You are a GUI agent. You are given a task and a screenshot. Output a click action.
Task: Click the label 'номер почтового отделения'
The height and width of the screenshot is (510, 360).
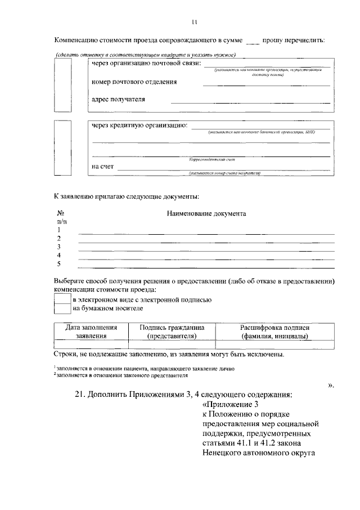coord(134,82)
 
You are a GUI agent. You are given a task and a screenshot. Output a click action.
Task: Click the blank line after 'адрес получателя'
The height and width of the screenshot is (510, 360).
coord(250,102)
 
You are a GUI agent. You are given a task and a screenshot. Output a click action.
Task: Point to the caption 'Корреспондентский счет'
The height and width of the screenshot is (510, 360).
coord(210,159)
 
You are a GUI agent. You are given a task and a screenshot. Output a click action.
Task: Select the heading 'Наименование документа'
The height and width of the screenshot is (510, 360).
coord(206,214)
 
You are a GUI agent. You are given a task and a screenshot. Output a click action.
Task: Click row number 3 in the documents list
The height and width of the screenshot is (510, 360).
coord(58,247)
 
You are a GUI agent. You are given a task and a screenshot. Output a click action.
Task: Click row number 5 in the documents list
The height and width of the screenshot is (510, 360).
coord(58,263)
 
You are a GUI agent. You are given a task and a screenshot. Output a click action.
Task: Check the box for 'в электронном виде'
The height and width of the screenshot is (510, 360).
coord(62,300)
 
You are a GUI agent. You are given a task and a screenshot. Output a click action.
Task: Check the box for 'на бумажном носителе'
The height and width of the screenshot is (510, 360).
coord(62,308)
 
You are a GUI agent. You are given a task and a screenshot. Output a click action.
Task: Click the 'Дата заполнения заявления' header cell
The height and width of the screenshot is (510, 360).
coord(91,331)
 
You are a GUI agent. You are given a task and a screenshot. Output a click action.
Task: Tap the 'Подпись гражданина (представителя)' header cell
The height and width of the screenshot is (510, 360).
coord(172,331)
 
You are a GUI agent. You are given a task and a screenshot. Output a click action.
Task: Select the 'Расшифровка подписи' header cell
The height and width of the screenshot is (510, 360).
coord(274,331)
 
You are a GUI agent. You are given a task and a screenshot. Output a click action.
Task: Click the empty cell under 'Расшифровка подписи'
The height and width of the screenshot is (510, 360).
coord(274,345)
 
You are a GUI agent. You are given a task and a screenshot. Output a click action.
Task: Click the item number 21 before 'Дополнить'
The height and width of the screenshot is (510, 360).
coord(79,394)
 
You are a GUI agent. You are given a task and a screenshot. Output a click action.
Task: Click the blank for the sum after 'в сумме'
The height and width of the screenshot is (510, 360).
coord(253,41)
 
